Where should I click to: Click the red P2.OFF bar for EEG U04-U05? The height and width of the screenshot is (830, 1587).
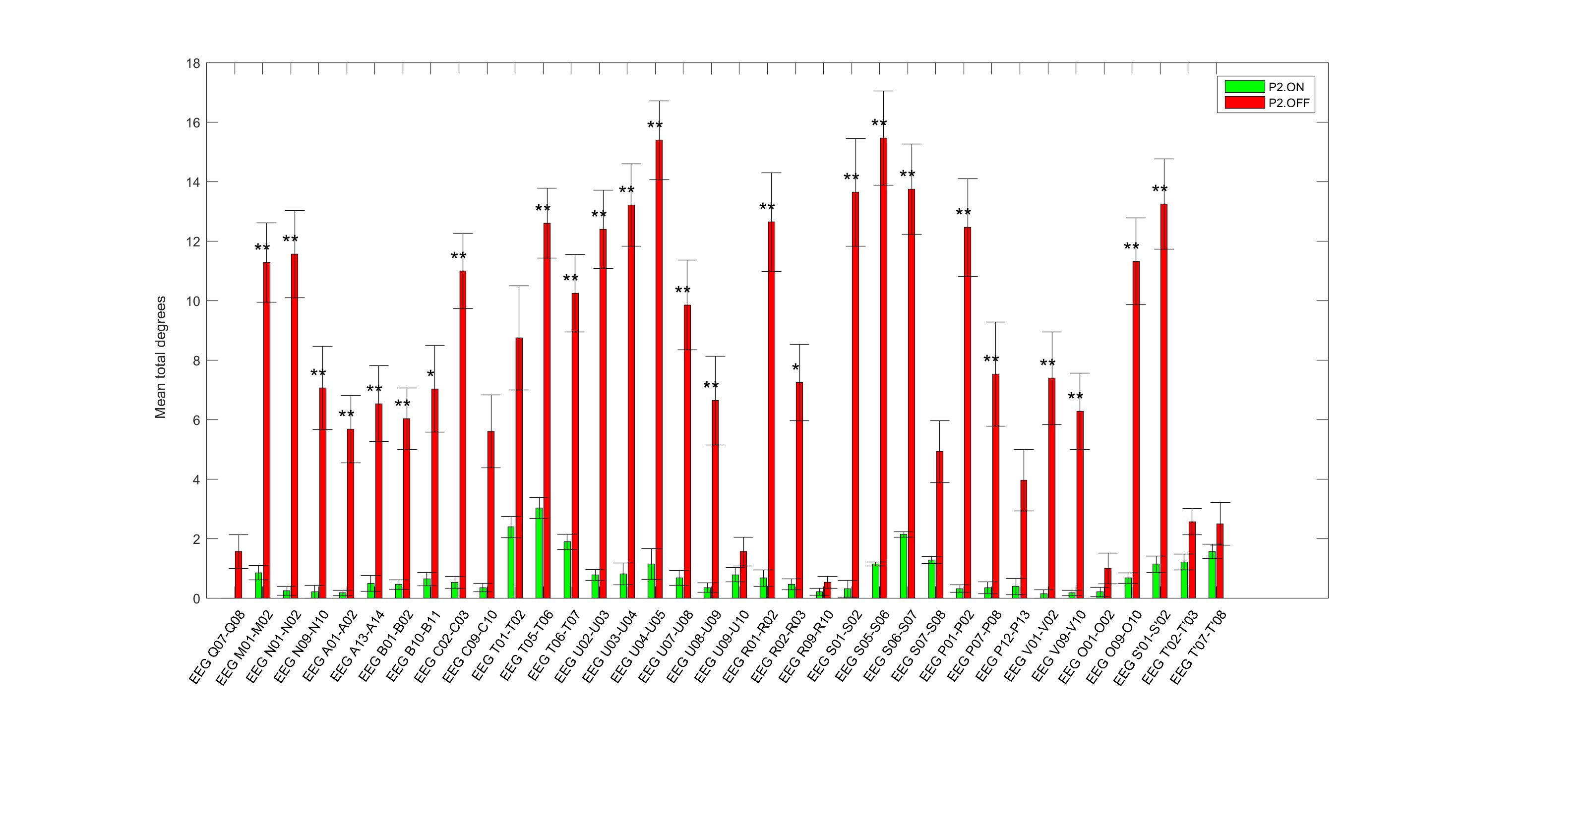point(659,369)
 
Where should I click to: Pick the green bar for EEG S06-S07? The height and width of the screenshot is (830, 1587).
point(904,566)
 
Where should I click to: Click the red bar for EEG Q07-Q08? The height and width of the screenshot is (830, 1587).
point(239,575)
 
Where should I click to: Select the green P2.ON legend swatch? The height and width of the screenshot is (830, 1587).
point(1244,87)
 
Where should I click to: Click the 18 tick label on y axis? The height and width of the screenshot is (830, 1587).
point(192,63)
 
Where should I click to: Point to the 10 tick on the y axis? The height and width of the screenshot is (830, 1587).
point(192,301)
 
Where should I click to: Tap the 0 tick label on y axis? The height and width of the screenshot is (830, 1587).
point(196,598)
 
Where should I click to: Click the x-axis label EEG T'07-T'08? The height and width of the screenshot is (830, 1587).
point(1200,647)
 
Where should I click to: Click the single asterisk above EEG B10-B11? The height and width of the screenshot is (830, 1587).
point(430,375)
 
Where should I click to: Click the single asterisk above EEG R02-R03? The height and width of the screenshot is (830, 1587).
point(795,369)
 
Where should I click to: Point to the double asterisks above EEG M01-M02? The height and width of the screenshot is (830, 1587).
point(262,249)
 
